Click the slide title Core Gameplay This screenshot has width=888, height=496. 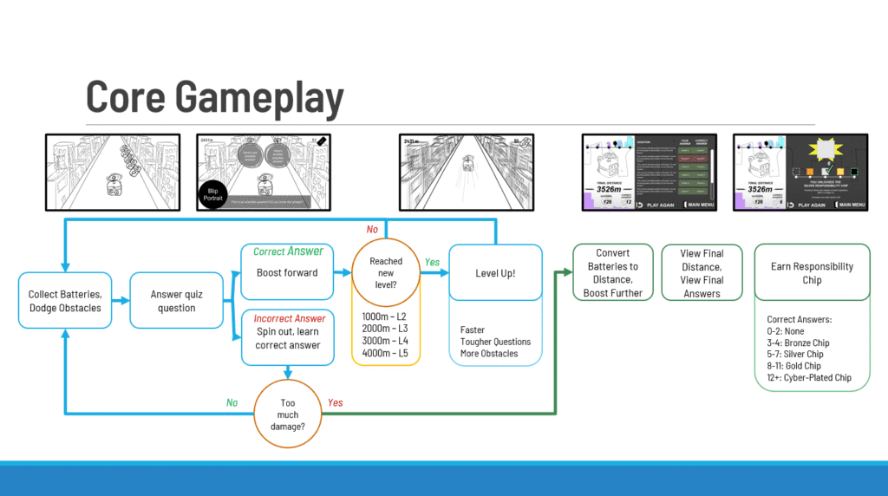[x=214, y=97]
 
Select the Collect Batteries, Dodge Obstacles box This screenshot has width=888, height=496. [x=65, y=301]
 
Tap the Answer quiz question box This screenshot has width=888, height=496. [x=177, y=301]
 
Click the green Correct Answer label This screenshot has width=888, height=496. [x=288, y=251]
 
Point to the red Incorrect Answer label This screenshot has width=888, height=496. [x=288, y=318]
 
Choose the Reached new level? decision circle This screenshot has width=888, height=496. [x=386, y=273]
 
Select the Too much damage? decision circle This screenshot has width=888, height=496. [x=287, y=415]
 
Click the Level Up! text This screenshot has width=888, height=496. [x=495, y=273]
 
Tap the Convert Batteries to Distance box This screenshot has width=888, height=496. [x=613, y=273]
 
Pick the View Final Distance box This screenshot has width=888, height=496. [x=702, y=273]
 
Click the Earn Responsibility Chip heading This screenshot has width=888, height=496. [x=812, y=273]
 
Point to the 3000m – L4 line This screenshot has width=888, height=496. [x=385, y=341]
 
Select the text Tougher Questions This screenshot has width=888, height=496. [x=495, y=342]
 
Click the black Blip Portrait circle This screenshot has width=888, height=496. [x=214, y=196]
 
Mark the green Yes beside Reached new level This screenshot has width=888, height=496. [x=431, y=262]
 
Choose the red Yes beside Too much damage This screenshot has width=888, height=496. [x=335, y=402]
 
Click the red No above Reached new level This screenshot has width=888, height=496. [x=372, y=230]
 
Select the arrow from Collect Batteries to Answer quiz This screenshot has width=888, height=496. [x=121, y=301]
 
